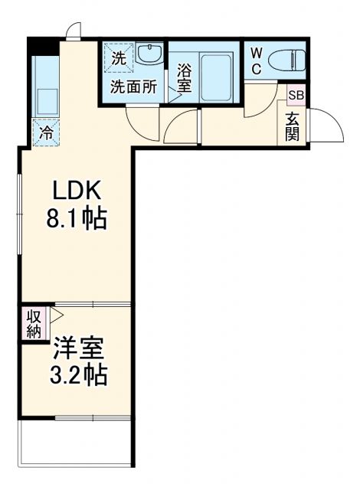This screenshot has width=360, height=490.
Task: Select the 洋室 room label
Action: (78, 348)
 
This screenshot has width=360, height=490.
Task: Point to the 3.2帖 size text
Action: (78, 376)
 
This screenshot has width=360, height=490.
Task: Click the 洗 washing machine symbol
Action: (118, 57)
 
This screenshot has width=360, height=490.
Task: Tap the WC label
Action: (256, 60)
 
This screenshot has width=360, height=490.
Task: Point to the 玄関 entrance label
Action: (293, 126)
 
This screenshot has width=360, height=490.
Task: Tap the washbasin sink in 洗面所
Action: (150, 54)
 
